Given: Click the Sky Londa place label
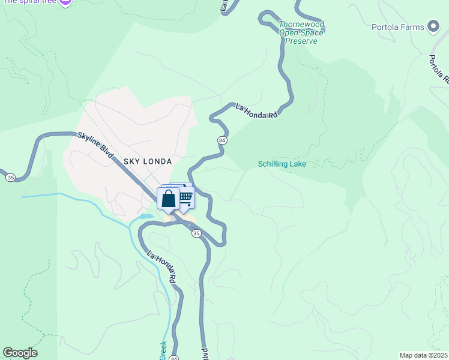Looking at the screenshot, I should (x=148, y=161).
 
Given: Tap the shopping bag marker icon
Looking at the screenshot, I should (x=169, y=199).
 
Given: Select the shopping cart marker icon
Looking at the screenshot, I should (x=185, y=197).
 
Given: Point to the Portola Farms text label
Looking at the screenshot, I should (x=398, y=27).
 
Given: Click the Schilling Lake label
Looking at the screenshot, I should (x=282, y=164).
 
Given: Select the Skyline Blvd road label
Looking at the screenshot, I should (x=95, y=146).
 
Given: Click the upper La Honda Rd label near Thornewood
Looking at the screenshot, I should (x=257, y=110).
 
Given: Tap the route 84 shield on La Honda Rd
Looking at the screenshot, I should (x=222, y=140).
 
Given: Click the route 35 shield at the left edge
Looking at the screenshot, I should (x=10, y=177).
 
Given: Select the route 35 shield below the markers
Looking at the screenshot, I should (x=196, y=233).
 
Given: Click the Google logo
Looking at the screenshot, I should (x=20, y=353).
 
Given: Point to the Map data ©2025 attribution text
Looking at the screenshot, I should (x=423, y=355).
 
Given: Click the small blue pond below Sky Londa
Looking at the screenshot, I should (x=146, y=216).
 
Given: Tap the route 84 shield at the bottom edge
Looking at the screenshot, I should (x=174, y=358).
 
